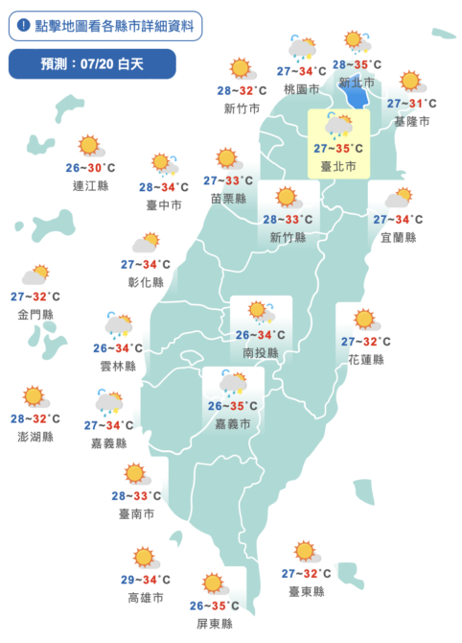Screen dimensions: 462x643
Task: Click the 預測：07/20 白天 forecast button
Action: click(92, 64)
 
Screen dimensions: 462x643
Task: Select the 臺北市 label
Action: click(337, 166)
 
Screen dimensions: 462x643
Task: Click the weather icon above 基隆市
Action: click(411, 83)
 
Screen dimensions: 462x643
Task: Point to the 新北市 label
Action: click(357, 83)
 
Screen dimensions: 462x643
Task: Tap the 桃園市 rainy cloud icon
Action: click(302, 48)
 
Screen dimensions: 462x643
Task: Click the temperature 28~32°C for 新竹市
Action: click(242, 91)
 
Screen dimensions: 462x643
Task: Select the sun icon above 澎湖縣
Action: click(35, 396)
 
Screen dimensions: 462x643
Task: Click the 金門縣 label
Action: click(35, 314)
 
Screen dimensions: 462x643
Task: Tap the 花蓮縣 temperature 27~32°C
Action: click(365, 342)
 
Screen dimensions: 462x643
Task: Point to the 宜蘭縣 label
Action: click(397, 237)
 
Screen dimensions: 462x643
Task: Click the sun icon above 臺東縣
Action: click(306, 552)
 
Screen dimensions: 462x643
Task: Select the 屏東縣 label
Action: click(214, 623)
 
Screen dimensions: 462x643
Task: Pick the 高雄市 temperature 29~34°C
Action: click(147, 580)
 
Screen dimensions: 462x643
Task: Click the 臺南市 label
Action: click(135, 513)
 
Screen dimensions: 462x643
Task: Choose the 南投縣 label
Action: click(259, 352)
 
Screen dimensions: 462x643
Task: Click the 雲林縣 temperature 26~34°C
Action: click(118, 348)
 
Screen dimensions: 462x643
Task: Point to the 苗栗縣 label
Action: click(228, 199)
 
